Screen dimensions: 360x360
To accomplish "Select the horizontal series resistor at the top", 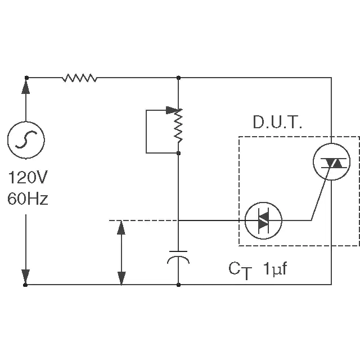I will [x=79, y=78].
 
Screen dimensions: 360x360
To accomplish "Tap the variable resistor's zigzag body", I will [x=178, y=127].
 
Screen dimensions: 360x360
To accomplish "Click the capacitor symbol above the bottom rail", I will [x=178, y=256].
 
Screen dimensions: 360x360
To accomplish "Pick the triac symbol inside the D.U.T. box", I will [x=331, y=163].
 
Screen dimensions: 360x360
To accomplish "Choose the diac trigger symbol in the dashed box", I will [x=263, y=220].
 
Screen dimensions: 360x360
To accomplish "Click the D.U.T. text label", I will [x=277, y=123].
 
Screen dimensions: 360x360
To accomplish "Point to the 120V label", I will [x=28, y=178].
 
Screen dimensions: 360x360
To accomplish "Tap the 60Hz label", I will [x=28, y=199].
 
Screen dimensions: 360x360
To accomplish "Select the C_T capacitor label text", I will [x=238, y=270].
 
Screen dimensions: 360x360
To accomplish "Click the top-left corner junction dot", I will [x=26, y=78].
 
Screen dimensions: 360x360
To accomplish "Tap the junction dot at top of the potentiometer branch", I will [x=178, y=78].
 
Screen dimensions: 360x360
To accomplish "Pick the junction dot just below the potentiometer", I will [x=178, y=152].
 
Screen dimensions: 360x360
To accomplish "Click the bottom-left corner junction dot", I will [x=26, y=285].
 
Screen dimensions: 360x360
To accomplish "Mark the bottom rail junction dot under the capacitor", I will [x=178, y=285].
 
